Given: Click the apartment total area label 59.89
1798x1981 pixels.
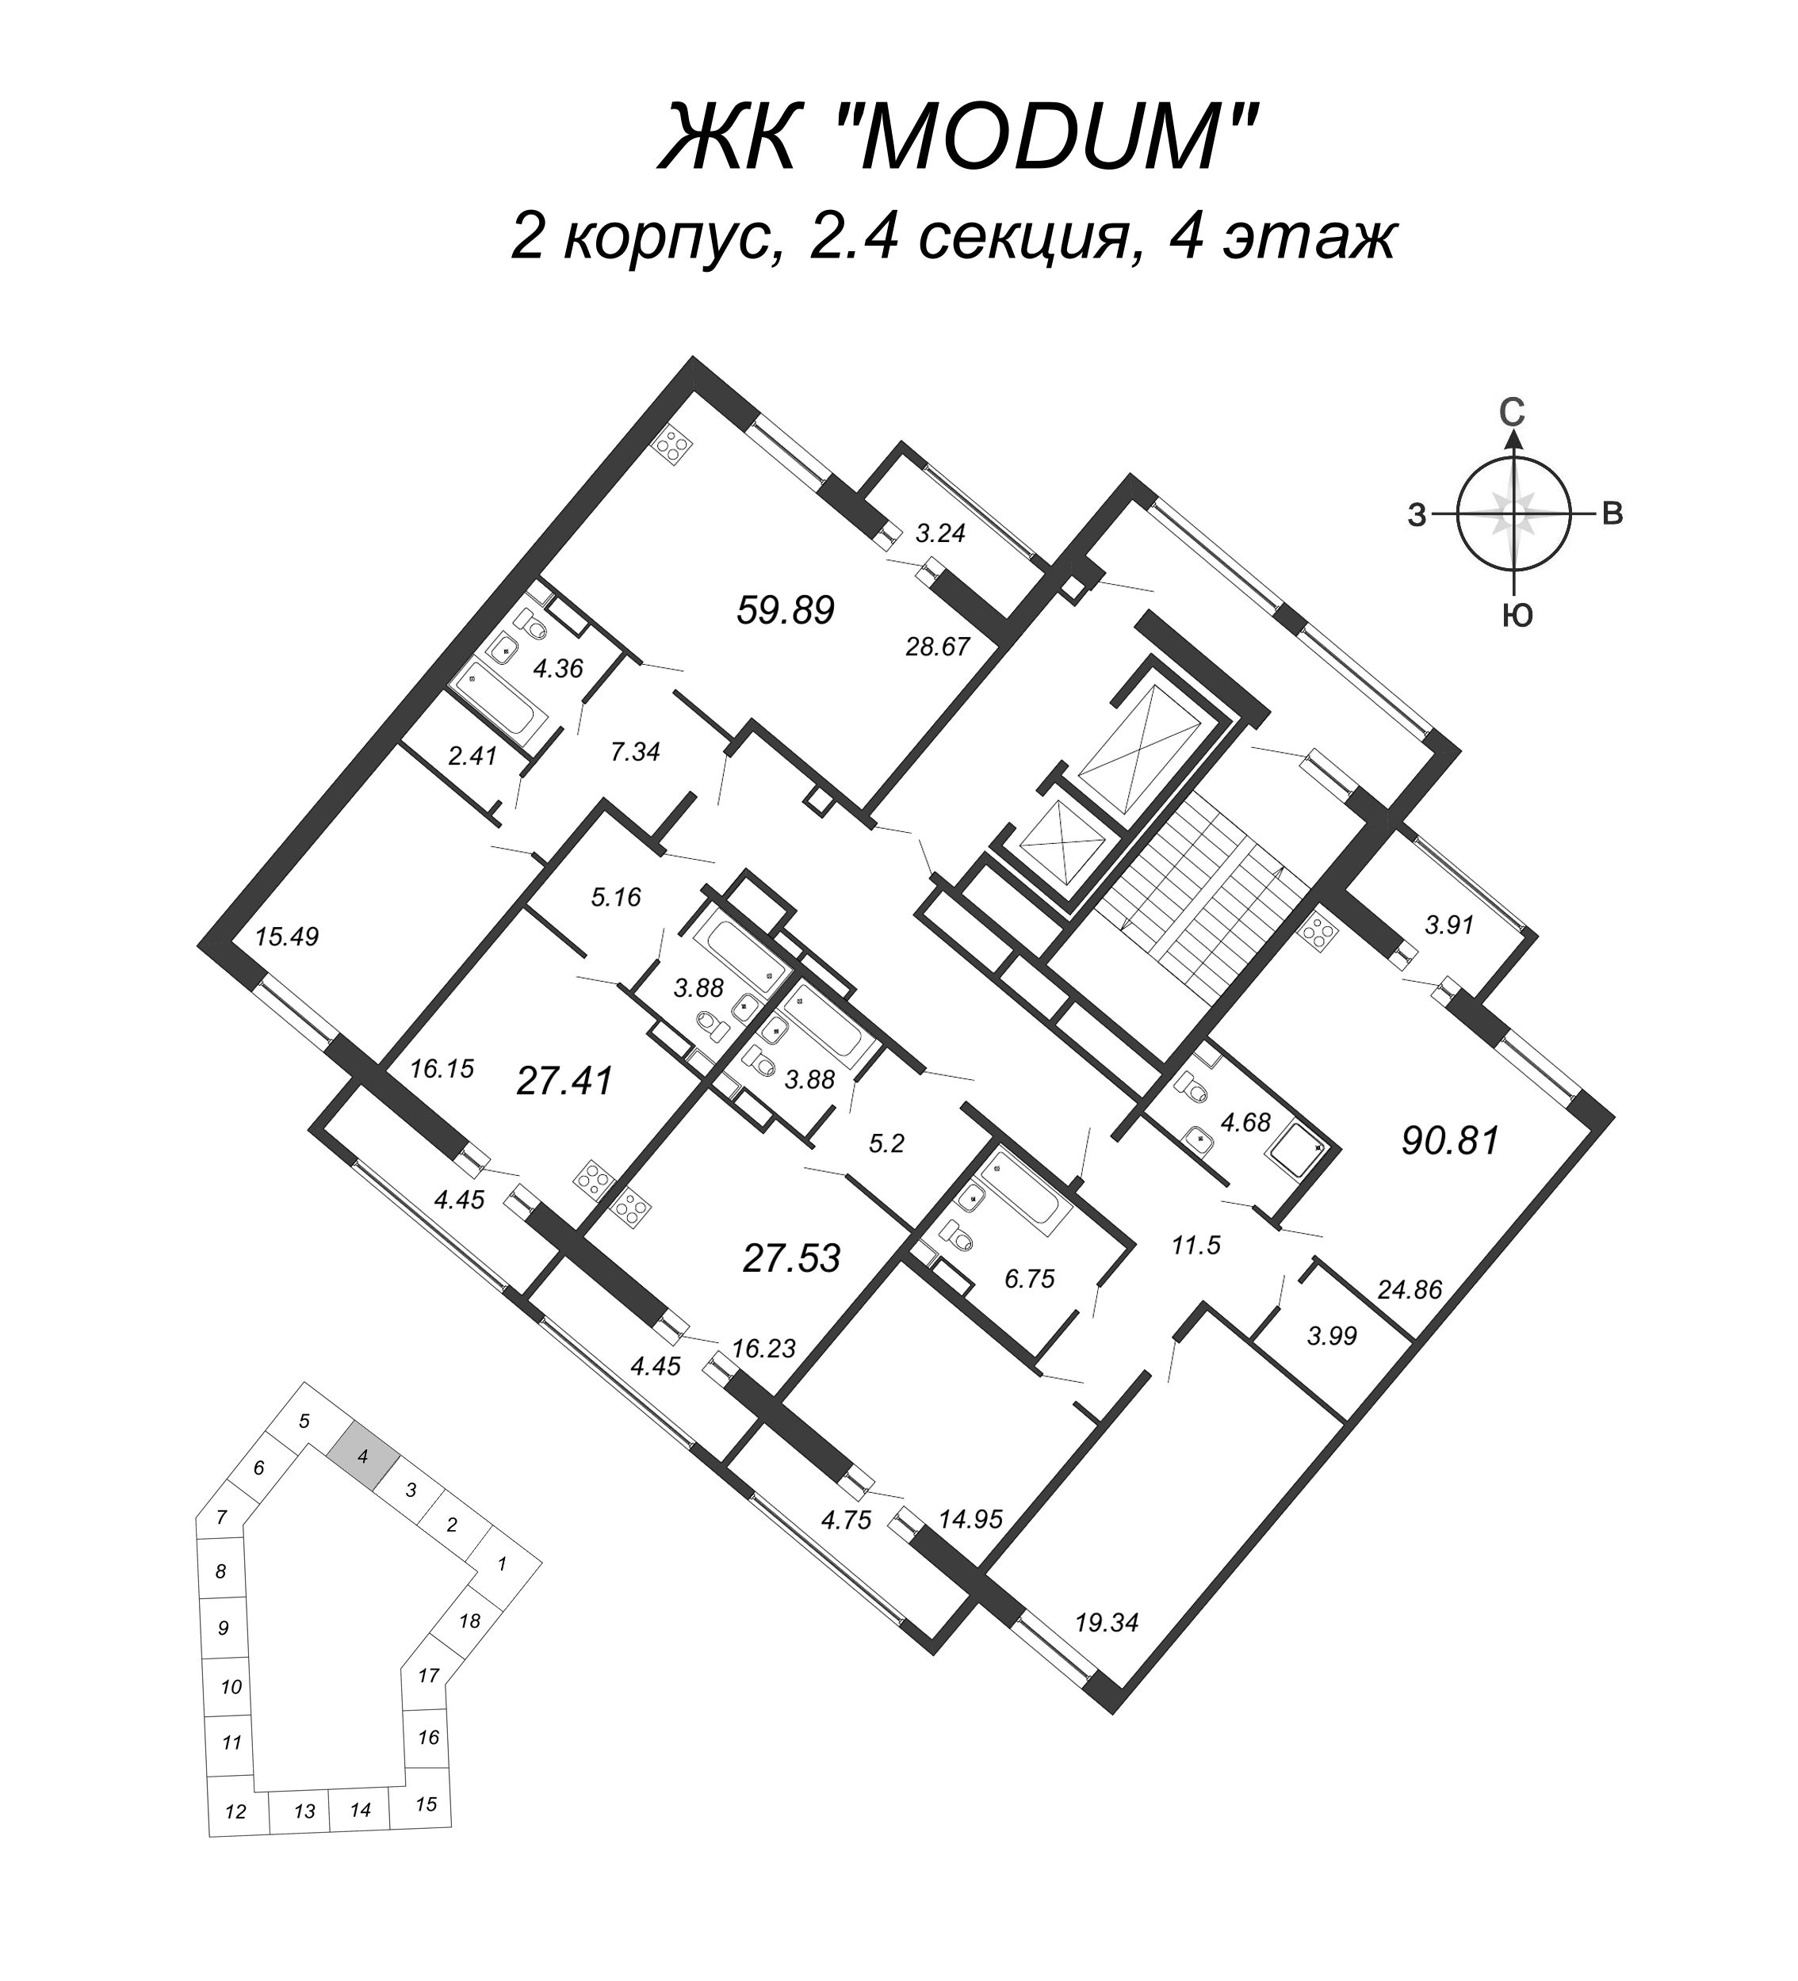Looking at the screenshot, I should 785,610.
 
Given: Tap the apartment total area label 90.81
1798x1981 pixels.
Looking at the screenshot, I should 1450,1141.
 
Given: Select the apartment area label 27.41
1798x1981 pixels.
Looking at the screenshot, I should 564,1081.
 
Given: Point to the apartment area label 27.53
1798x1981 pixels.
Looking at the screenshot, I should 791,1258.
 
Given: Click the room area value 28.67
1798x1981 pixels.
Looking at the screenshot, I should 937,647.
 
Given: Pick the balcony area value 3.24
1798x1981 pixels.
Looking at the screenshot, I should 941,533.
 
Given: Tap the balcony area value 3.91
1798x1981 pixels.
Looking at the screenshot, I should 1449,924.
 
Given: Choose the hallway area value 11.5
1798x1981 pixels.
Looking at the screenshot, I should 1195,1246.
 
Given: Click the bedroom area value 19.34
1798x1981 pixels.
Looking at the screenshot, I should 1106,1622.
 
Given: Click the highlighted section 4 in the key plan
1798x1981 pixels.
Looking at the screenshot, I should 364,1456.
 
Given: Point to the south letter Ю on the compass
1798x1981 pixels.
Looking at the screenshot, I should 1518,616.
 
